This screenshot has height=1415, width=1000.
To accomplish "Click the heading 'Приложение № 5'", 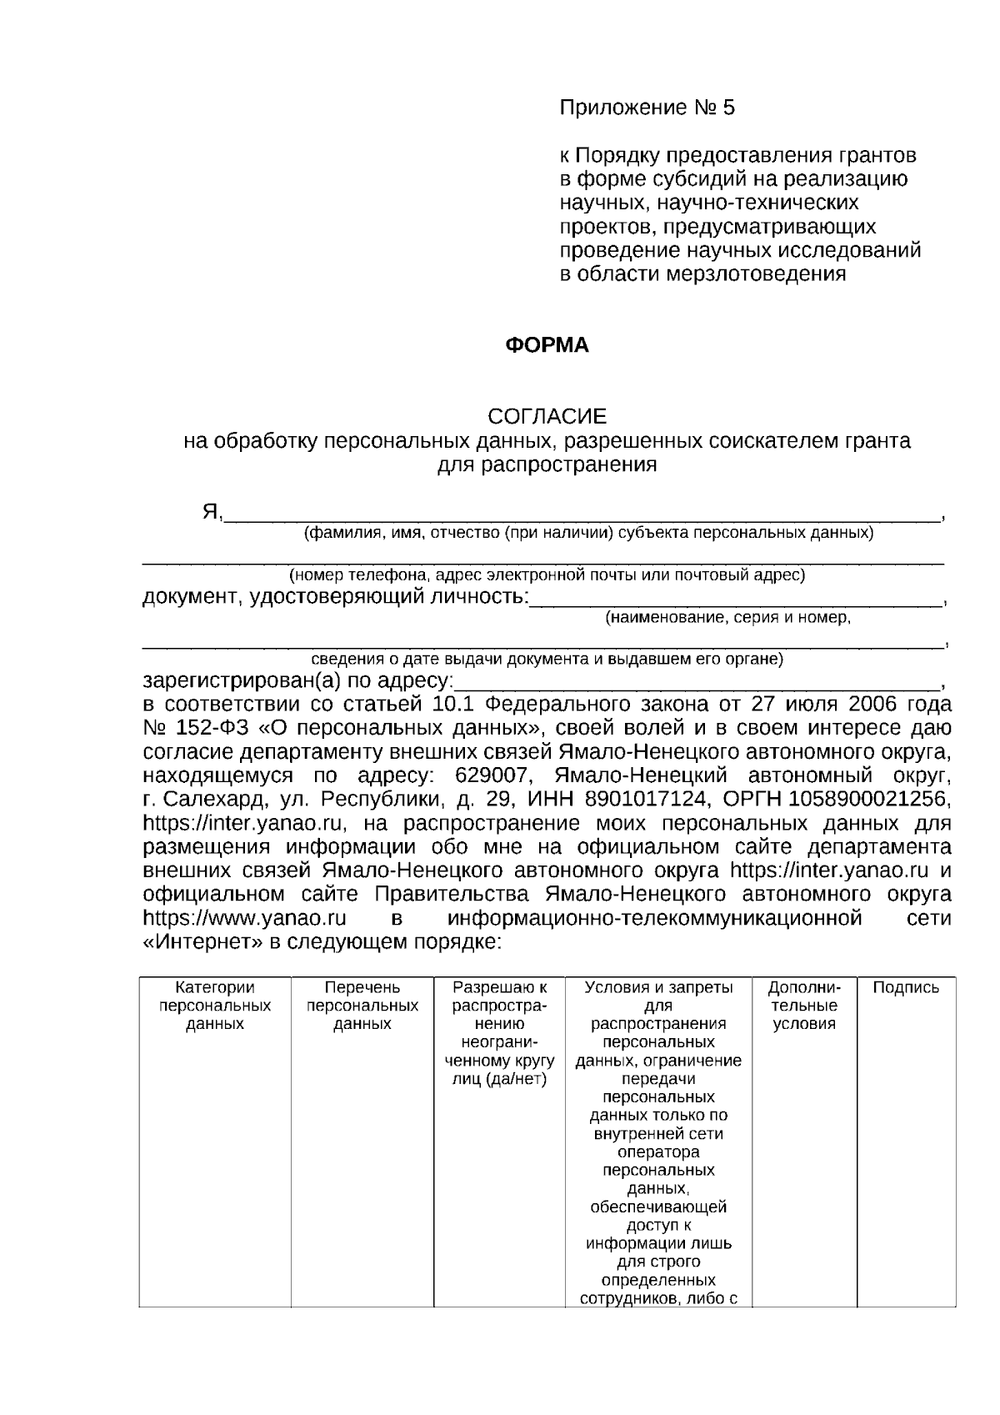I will [x=647, y=108].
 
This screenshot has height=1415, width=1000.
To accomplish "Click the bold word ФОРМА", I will [x=547, y=346].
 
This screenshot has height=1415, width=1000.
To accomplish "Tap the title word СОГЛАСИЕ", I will [x=547, y=417].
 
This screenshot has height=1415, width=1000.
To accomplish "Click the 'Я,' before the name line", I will [x=212, y=512].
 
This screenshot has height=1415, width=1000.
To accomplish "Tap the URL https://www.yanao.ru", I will [x=245, y=919].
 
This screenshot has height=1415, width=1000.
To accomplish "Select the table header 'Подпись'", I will [x=906, y=988].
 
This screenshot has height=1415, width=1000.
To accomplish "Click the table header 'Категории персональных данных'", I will [x=215, y=1006].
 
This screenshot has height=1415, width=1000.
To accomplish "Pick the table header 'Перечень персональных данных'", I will [x=362, y=1006].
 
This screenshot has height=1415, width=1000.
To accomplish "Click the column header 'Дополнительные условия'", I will [x=804, y=1006].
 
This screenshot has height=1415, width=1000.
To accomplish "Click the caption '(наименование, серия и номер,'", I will [x=727, y=618].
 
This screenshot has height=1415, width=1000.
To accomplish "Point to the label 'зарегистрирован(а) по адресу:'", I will [x=297, y=680].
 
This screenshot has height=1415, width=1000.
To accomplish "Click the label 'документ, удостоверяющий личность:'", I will [x=335, y=598].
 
